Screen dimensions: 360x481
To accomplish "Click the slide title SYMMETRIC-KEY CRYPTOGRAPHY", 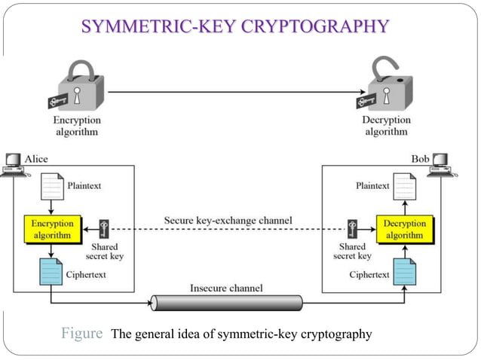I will (234, 28).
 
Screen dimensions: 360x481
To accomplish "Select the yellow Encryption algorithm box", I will (53, 229).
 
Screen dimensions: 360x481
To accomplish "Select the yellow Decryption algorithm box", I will (405, 229).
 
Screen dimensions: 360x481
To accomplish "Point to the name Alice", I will (37, 159).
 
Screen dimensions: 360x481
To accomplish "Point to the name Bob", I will (420, 159).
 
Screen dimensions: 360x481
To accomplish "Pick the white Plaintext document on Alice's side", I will (51, 187).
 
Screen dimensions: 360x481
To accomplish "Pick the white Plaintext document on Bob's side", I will (405, 186).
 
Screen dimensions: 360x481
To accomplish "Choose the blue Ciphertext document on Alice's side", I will (51, 272).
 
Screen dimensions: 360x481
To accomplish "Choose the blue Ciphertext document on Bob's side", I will (405, 272).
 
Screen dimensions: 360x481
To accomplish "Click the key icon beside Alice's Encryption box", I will (104, 229).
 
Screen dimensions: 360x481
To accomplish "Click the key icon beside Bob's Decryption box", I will (352, 229).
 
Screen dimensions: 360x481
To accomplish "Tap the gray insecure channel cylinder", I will (226, 303).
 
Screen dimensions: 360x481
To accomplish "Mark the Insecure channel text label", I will (226, 288).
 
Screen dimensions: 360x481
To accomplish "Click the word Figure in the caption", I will (81, 334).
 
